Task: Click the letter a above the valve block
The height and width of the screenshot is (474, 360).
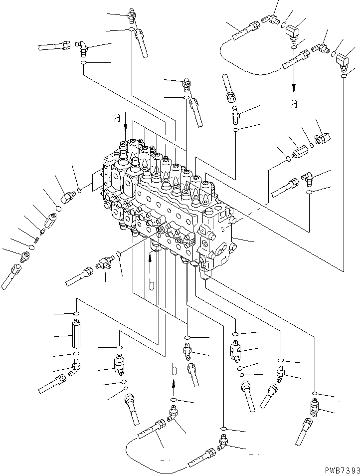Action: click(117, 118)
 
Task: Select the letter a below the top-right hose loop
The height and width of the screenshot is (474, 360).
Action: click(294, 103)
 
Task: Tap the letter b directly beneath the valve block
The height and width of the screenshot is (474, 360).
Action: click(151, 285)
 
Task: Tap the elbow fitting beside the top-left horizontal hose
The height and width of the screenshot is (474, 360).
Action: click(81, 47)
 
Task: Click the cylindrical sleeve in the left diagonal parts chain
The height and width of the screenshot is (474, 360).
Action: click(51, 220)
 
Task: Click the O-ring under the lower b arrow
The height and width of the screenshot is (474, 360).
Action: click(174, 400)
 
